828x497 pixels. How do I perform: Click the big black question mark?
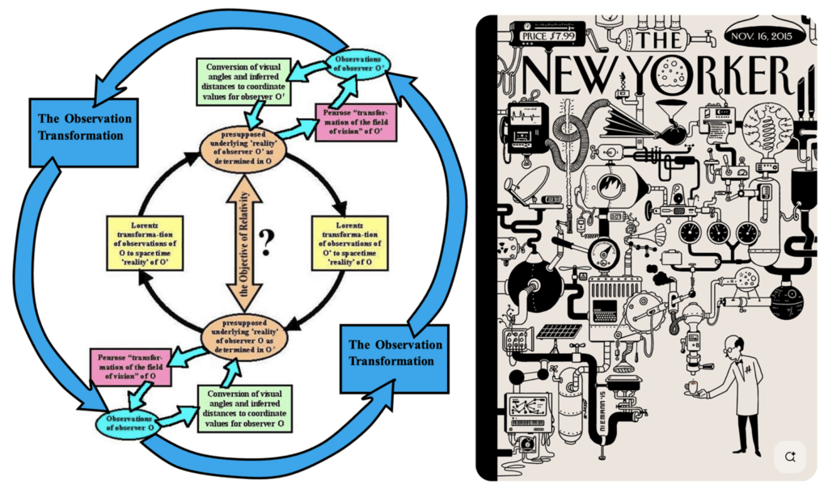268,242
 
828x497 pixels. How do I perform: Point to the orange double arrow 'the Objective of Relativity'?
243,242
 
